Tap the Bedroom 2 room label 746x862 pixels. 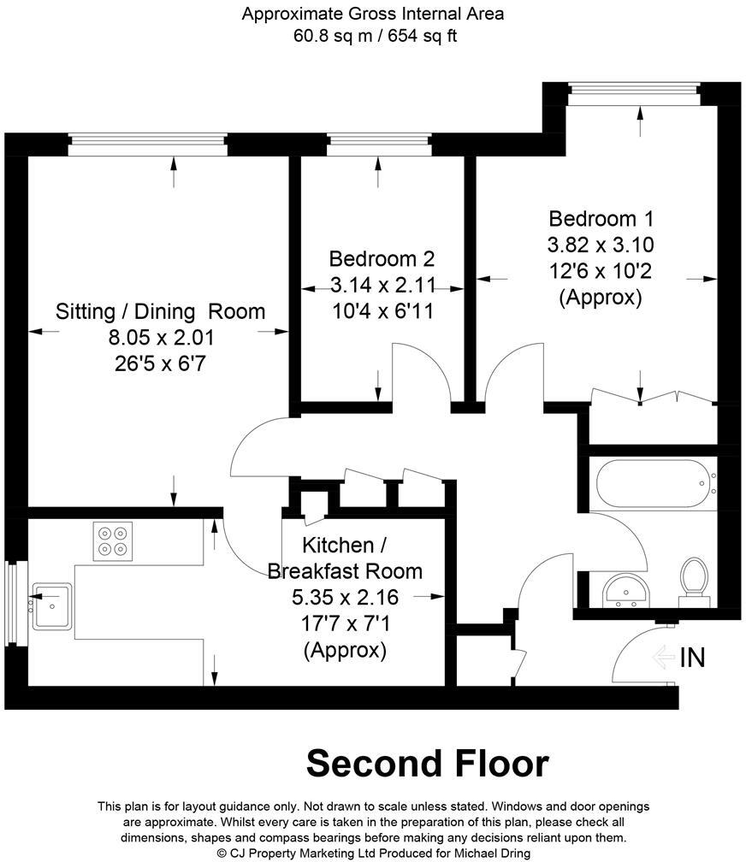pos(382,259)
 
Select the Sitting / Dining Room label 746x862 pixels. pos(160,311)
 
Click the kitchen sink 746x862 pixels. pos(52,605)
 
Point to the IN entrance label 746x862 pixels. pos(692,658)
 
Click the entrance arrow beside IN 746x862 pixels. pos(663,658)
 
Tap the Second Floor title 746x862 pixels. pos(427,763)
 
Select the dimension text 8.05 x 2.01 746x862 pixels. pos(160,338)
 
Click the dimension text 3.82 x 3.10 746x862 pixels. pos(600,245)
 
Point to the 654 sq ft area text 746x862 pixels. pos(424,37)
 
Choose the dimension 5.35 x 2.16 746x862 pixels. pos(345,597)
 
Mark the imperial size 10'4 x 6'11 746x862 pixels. pos(382,312)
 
